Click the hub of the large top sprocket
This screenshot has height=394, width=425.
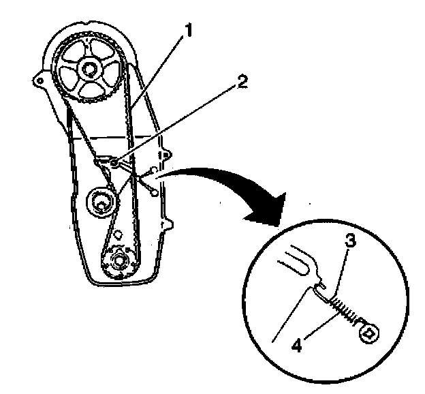click(86, 67)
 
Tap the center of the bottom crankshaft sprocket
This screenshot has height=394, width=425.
click(120, 260)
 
